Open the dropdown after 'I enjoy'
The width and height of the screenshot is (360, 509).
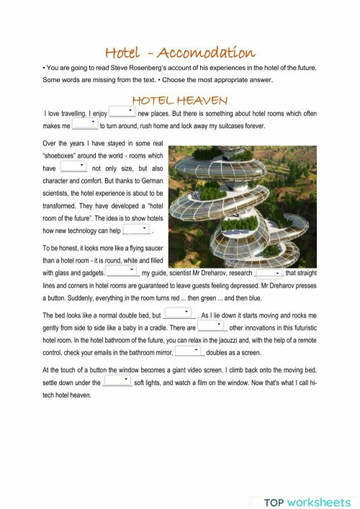[122, 113]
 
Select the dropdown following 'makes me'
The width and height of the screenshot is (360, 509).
[84, 125]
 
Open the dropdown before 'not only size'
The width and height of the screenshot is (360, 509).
[73, 167]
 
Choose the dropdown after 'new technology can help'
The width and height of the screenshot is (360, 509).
[136, 230]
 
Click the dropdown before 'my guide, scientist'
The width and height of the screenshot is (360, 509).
[122, 272]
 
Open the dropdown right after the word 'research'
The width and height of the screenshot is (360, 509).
[268, 273]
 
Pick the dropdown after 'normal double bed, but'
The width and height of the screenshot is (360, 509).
[179, 314]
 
